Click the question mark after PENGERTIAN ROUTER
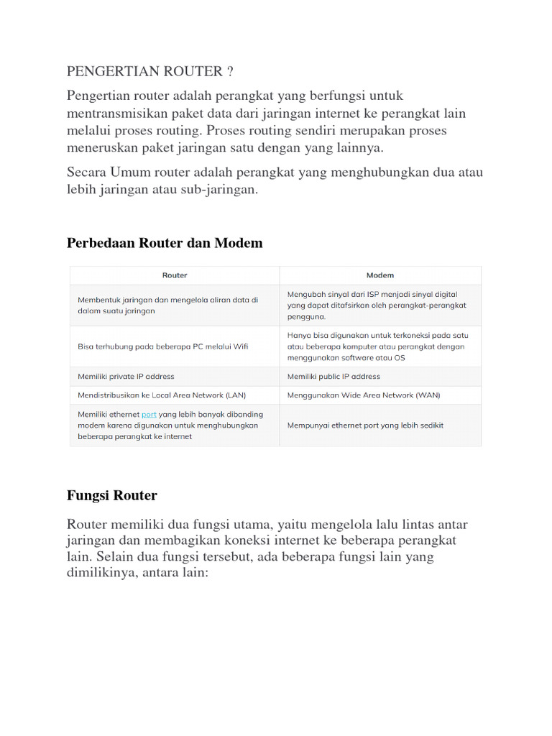click(230, 71)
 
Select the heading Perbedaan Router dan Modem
click(165, 243)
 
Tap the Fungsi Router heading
click(111, 495)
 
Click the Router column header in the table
click(175, 275)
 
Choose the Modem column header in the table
click(380, 275)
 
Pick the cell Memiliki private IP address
click(126, 376)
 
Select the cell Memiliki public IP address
click(333, 376)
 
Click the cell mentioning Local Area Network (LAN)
click(162, 395)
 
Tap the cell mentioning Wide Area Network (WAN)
click(364, 395)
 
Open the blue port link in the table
click(149, 414)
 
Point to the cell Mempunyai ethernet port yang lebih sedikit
click(365, 425)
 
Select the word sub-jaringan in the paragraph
click(221, 190)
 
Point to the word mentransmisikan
click(115, 113)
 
